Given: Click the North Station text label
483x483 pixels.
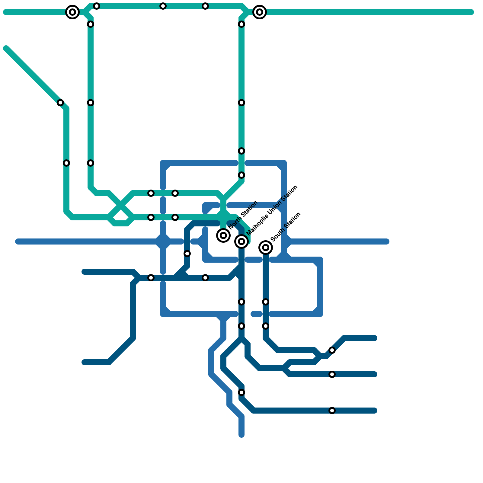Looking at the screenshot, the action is (243, 215).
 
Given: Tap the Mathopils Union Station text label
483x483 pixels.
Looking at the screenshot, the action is (272, 210).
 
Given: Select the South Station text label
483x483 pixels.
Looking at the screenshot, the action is (286, 227).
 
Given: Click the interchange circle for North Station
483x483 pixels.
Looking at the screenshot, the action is (223, 235).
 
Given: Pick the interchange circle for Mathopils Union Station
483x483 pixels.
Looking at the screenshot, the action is (241, 241).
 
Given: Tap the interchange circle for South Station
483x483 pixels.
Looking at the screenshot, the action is (266, 248).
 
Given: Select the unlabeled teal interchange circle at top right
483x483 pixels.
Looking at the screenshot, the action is (260, 12).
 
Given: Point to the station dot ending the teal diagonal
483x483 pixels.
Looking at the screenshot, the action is (60, 103).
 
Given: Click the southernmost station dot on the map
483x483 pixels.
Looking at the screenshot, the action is (332, 411).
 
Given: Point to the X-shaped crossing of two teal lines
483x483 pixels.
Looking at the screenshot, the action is (121, 205).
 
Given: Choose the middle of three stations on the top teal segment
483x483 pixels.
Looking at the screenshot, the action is (163, 6).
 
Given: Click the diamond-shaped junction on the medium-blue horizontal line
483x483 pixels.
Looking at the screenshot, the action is (163, 241).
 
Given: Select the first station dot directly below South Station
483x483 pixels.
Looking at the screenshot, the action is (266, 302).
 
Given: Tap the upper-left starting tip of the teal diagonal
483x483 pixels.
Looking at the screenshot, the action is (6, 48).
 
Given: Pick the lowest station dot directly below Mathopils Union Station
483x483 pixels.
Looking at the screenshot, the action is (241, 392).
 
